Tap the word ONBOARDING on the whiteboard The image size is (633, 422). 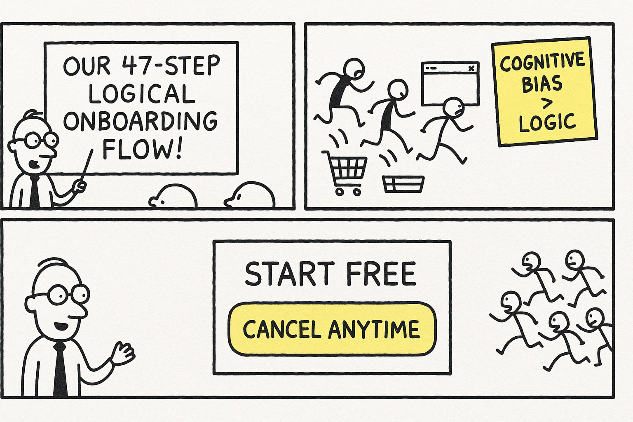[x=140, y=120]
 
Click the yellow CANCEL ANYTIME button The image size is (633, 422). [x=332, y=329]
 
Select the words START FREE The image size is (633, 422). [x=331, y=274]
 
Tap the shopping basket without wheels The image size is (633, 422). [x=403, y=184]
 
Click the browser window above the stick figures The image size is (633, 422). [x=450, y=82]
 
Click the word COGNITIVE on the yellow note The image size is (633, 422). [x=542, y=62]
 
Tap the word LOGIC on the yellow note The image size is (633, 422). [x=547, y=122]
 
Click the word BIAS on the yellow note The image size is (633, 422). [x=542, y=84]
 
